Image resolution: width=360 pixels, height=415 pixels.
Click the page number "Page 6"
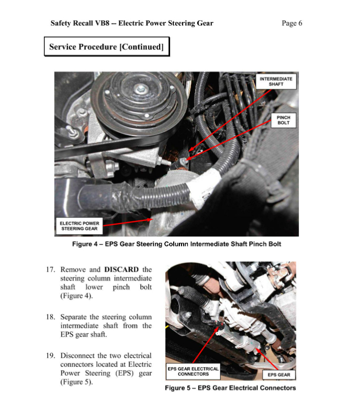[x=291, y=24]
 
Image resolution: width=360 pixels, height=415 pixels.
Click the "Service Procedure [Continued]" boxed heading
[x=106, y=47]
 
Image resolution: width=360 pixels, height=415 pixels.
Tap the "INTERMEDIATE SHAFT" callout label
[x=276, y=81]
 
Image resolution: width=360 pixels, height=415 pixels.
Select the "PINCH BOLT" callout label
[x=283, y=120]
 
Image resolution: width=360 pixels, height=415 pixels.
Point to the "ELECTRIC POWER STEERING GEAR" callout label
[x=80, y=226]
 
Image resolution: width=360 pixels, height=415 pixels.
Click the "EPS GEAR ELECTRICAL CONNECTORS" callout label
[x=193, y=372]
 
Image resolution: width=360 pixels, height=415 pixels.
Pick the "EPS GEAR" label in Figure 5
[x=279, y=375]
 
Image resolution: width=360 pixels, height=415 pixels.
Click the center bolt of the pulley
[x=140, y=87]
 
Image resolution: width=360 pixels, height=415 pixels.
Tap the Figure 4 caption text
[x=176, y=244]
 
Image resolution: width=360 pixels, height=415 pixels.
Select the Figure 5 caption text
[x=230, y=388]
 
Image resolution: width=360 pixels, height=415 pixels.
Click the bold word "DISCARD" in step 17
[x=121, y=270]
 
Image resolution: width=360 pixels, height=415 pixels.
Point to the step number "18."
[x=51, y=317]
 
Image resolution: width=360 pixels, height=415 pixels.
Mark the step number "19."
[x=51, y=355]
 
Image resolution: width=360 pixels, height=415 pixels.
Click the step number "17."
[x=51, y=270]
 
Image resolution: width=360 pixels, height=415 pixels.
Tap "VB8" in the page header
[x=102, y=24]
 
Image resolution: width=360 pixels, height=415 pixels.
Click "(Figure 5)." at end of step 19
[x=76, y=382]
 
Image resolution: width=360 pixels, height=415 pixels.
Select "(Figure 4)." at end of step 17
[x=76, y=296]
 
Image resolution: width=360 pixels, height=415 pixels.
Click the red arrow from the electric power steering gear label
[x=128, y=222]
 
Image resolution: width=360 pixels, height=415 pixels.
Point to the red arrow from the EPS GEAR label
[x=267, y=359]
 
